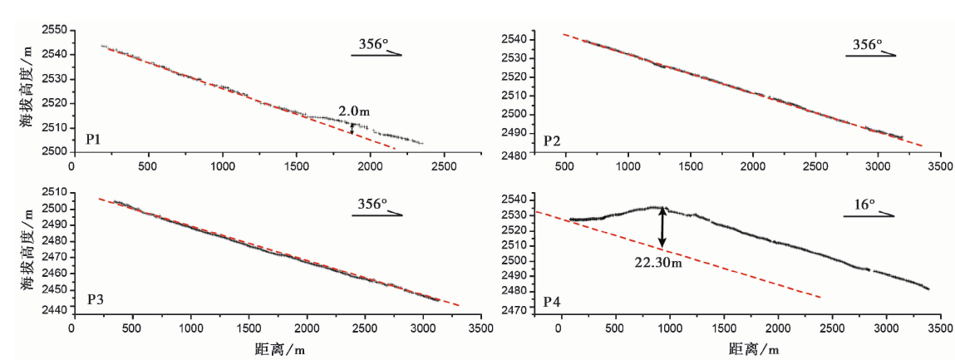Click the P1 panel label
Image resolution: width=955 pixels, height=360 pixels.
[x=93, y=138]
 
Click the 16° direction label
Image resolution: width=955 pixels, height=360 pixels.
[x=869, y=203]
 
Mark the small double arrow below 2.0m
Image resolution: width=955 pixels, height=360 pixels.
[x=352, y=127]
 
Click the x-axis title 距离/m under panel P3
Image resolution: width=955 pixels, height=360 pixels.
[x=272, y=351]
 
